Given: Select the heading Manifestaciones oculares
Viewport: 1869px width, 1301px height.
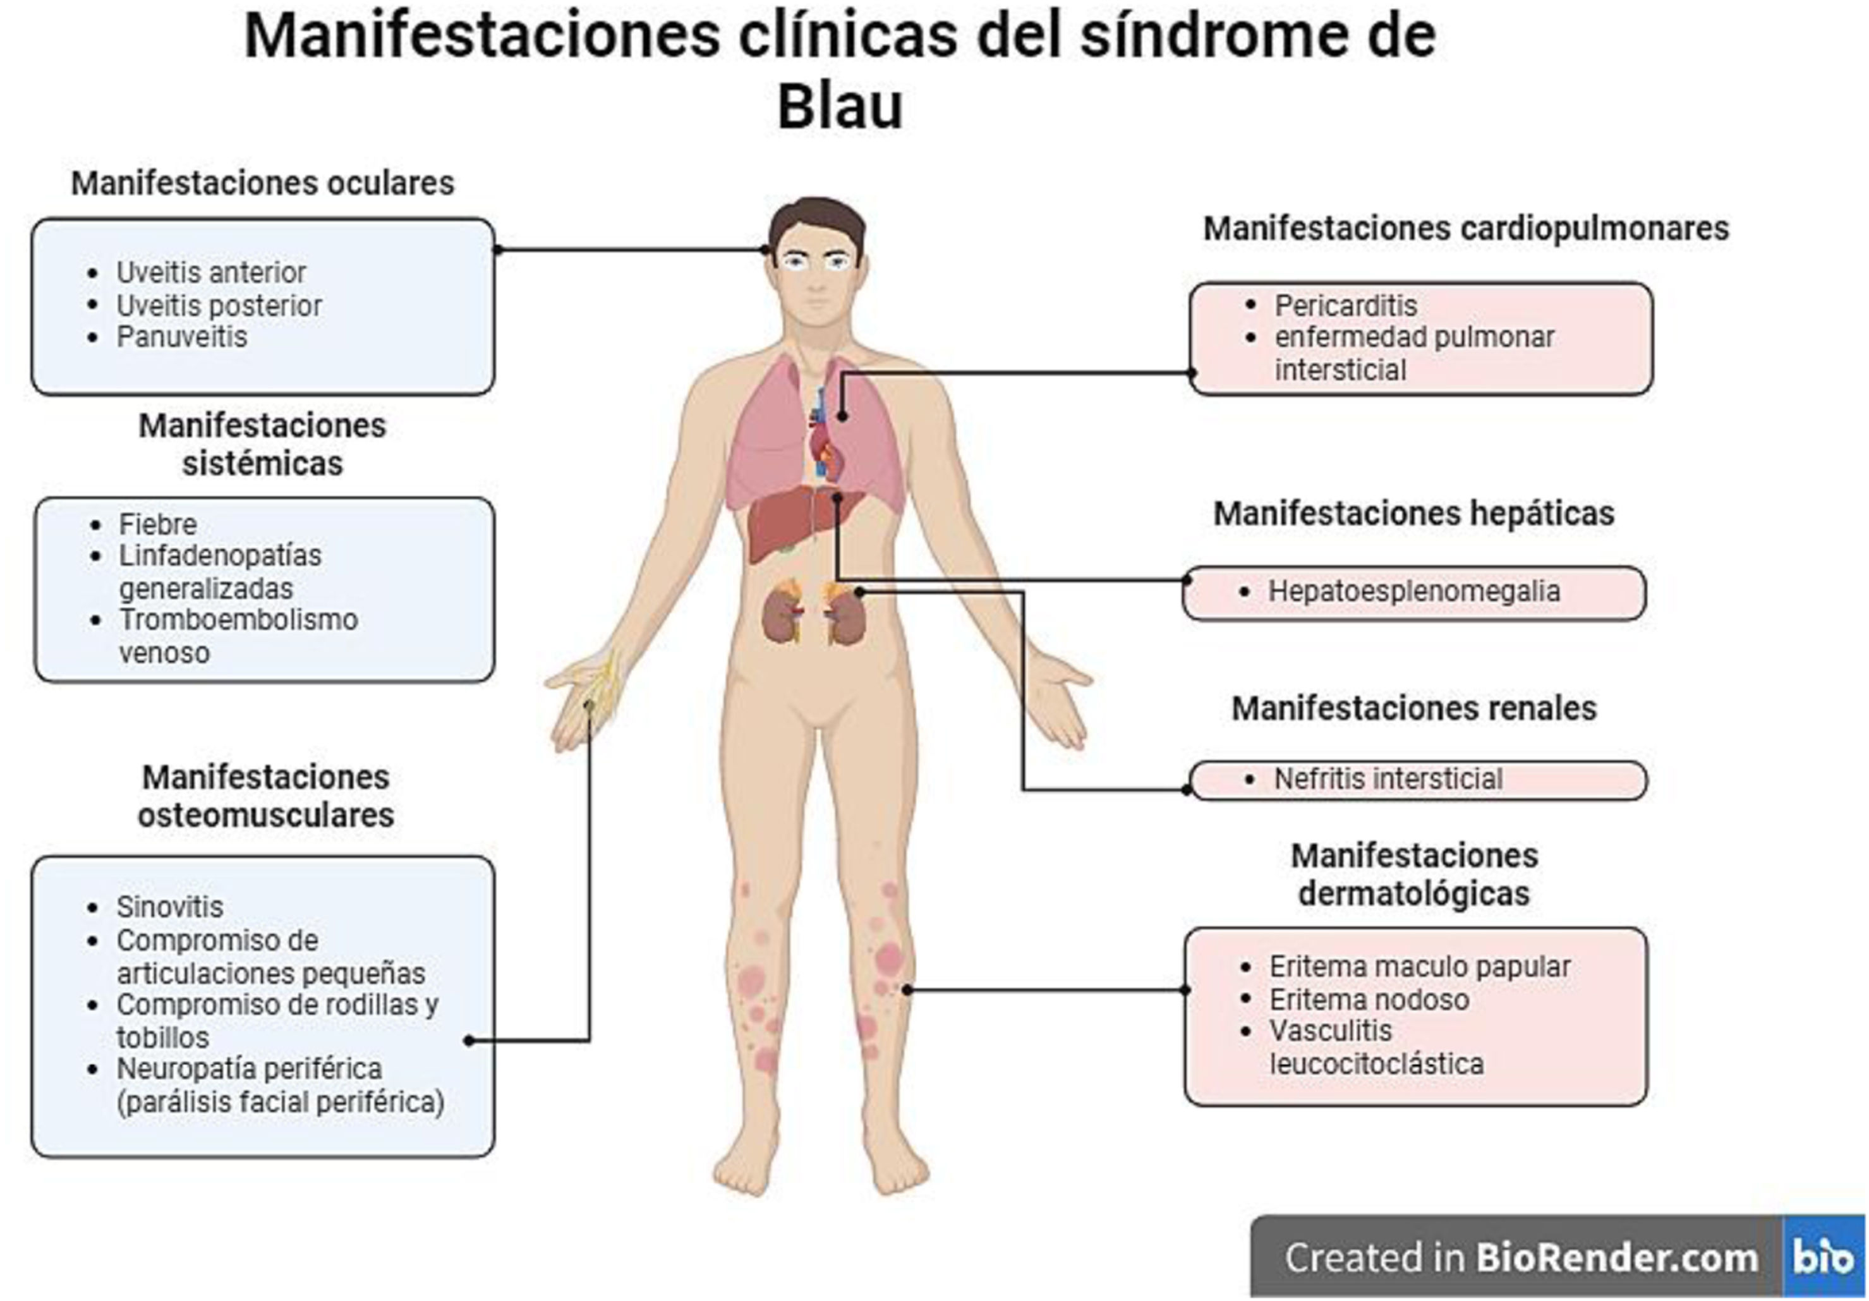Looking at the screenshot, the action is (x=262, y=183).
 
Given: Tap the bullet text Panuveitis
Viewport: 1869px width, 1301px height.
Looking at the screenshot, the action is (x=181, y=337).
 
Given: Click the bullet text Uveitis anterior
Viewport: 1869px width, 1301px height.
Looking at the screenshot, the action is (x=211, y=273).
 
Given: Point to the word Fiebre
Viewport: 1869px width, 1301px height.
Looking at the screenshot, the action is (x=158, y=524).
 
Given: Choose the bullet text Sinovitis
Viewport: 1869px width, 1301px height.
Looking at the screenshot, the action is (x=169, y=907).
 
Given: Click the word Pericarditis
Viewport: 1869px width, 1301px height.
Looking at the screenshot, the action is (x=1346, y=306).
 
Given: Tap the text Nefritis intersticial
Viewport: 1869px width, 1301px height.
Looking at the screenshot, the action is (x=1388, y=779).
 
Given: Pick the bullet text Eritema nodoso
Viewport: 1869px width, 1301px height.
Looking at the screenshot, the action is (x=1369, y=1000).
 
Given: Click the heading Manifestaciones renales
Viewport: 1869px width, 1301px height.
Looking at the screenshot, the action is (x=1414, y=708).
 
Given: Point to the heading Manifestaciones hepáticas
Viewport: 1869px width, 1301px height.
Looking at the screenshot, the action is (x=1414, y=514).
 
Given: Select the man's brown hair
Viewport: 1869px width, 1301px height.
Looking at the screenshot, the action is (x=816, y=215).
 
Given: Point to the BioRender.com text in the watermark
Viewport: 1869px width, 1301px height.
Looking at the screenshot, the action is (x=1617, y=1258).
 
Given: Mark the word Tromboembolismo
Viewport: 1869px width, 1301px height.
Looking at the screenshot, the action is (x=238, y=620).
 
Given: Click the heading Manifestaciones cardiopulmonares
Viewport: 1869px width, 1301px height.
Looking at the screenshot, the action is (x=1466, y=229).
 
